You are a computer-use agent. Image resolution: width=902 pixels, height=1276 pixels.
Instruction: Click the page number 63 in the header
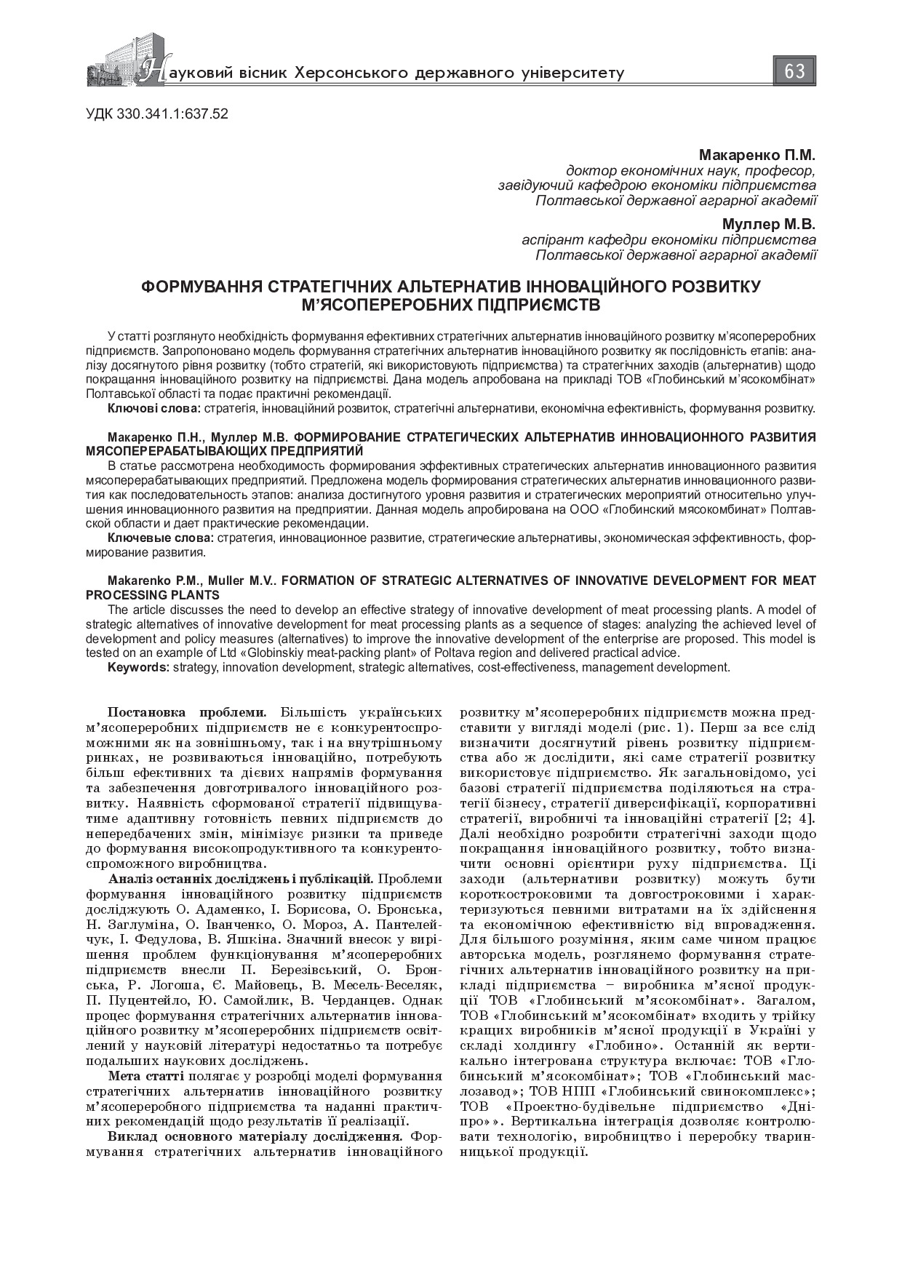[x=794, y=71]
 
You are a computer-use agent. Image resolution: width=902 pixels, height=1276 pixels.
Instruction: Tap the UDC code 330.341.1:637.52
[x=157, y=113]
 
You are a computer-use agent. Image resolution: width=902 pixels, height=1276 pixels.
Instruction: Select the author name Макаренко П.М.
[x=757, y=155]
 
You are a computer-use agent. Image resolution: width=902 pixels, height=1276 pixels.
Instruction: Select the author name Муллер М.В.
[x=769, y=224]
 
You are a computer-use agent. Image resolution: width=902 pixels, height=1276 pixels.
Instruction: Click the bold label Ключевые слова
[x=160, y=538]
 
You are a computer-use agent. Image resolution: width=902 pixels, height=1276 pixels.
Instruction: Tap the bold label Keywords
[x=137, y=667]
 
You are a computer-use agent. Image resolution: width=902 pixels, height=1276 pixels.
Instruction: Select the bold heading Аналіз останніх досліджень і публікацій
[x=240, y=879]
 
